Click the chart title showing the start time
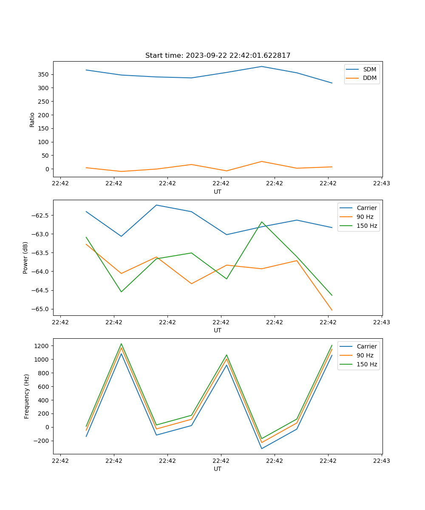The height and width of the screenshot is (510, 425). pyautogui.click(x=218, y=56)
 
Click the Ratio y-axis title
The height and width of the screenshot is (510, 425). pyautogui.click(x=32, y=119)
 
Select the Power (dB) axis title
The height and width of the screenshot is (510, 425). pyautogui.click(x=25, y=258)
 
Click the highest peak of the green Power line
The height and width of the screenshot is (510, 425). pyautogui.click(x=262, y=222)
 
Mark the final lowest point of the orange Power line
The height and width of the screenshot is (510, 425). pyautogui.click(x=332, y=310)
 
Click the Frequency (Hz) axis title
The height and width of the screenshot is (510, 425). pyautogui.click(x=27, y=396)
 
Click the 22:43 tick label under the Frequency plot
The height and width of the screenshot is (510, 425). pyautogui.click(x=381, y=461)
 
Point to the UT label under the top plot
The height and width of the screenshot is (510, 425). pyautogui.click(x=218, y=192)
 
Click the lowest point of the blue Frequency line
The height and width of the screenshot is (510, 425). pyautogui.click(x=262, y=448)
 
